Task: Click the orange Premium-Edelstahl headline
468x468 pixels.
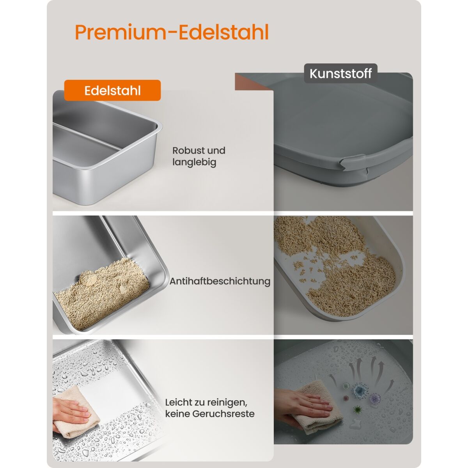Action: (172, 32)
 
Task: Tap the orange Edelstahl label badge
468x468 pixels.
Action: (112, 90)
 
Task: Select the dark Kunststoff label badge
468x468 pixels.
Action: (340, 73)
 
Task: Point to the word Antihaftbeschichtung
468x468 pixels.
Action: (220, 281)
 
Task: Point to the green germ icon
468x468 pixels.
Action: (357, 410)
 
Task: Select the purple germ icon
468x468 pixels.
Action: (375, 398)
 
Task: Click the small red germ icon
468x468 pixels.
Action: (346, 398)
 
